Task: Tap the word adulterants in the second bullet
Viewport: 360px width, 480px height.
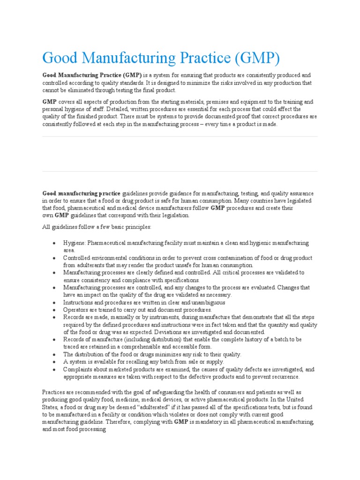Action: click(x=91, y=265)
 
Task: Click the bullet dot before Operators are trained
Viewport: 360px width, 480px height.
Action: click(x=55, y=310)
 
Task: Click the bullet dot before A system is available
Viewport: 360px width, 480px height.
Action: click(x=55, y=361)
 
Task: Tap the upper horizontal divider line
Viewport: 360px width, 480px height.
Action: click(x=180, y=137)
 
